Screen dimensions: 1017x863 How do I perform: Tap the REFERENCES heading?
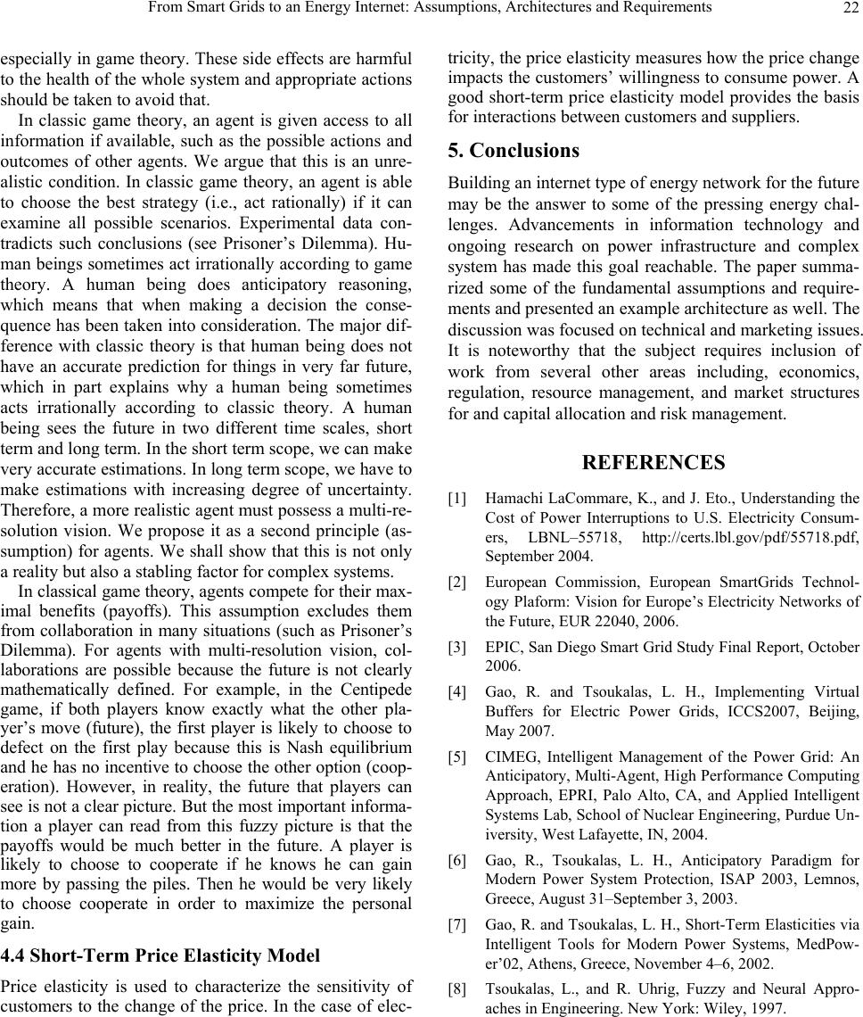(653, 462)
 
